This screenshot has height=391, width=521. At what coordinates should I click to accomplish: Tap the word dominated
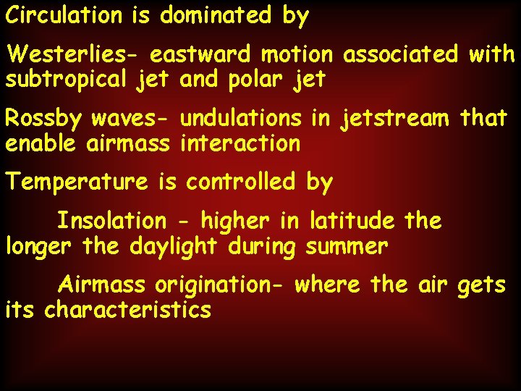click(216, 15)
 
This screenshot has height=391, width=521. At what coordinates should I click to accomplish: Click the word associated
click(401, 54)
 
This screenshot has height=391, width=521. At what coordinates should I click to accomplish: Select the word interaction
click(240, 143)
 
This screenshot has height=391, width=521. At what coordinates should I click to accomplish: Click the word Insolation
click(111, 220)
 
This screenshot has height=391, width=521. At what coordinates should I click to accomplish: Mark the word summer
click(347, 246)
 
